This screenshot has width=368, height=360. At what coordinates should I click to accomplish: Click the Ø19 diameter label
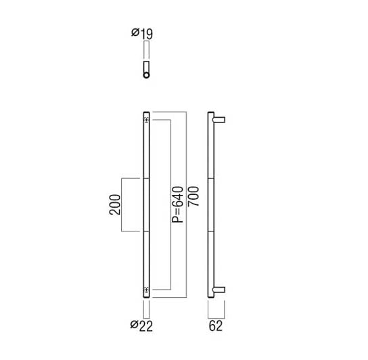(x=142, y=33)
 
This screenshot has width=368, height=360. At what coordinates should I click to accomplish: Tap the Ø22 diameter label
(x=141, y=325)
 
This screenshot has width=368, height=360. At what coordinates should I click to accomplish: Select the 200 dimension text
(x=115, y=204)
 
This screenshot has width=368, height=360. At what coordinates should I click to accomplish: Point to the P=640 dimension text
(x=177, y=204)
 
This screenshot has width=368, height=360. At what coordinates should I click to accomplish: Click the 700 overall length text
(x=193, y=196)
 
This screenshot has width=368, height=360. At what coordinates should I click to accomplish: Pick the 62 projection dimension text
(x=215, y=326)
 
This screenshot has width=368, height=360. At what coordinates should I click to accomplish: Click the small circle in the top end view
(x=146, y=75)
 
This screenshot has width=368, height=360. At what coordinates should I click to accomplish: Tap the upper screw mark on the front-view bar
(x=146, y=120)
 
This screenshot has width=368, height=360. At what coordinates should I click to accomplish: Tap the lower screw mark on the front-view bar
(x=146, y=290)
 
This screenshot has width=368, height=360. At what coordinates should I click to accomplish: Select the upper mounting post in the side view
(x=219, y=120)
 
